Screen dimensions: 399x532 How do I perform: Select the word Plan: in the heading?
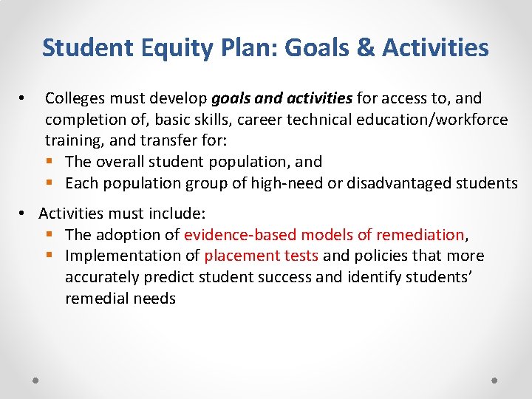click(249, 48)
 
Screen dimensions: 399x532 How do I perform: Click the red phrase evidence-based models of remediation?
click(324, 235)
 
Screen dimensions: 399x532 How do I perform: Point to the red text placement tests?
click(262, 256)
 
